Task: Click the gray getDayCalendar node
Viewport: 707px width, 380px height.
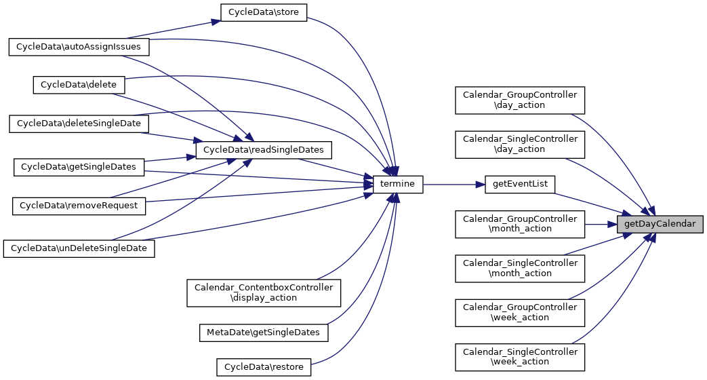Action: pyautogui.click(x=660, y=223)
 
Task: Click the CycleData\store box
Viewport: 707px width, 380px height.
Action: pyautogui.click(x=264, y=12)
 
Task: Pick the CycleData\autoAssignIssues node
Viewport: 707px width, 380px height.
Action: pyautogui.click(x=79, y=47)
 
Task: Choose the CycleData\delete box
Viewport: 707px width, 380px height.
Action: pyautogui.click(x=79, y=84)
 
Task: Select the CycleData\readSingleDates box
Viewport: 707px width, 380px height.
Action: pyautogui.click(x=264, y=149)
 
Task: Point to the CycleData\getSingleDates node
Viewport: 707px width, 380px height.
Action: pyautogui.click(x=79, y=166)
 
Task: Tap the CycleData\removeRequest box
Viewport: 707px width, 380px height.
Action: pyautogui.click(x=79, y=205)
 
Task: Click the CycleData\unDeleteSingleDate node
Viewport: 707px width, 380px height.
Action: pyautogui.click(x=79, y=248)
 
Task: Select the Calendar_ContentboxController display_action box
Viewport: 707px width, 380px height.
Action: pyautogui.click(x=264, y=292)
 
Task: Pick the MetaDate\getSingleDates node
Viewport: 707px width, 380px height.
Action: pyautogui.click(x=264, y=332)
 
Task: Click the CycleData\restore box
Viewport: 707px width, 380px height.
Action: pyautogui.click(x=264, y=367)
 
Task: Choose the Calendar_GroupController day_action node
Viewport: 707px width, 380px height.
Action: pyautogui.click(x=520, y=100)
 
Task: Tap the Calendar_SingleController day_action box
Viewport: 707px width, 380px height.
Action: pyautogui.click(x=520, y=144)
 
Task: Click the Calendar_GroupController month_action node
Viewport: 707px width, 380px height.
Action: pyautogui.click(x=520, y=223)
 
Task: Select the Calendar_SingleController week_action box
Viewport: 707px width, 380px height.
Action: pyautogui.click(x=520, y=356)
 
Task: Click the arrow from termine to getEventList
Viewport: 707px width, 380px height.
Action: pyautogui.click(x=454, y=183)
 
